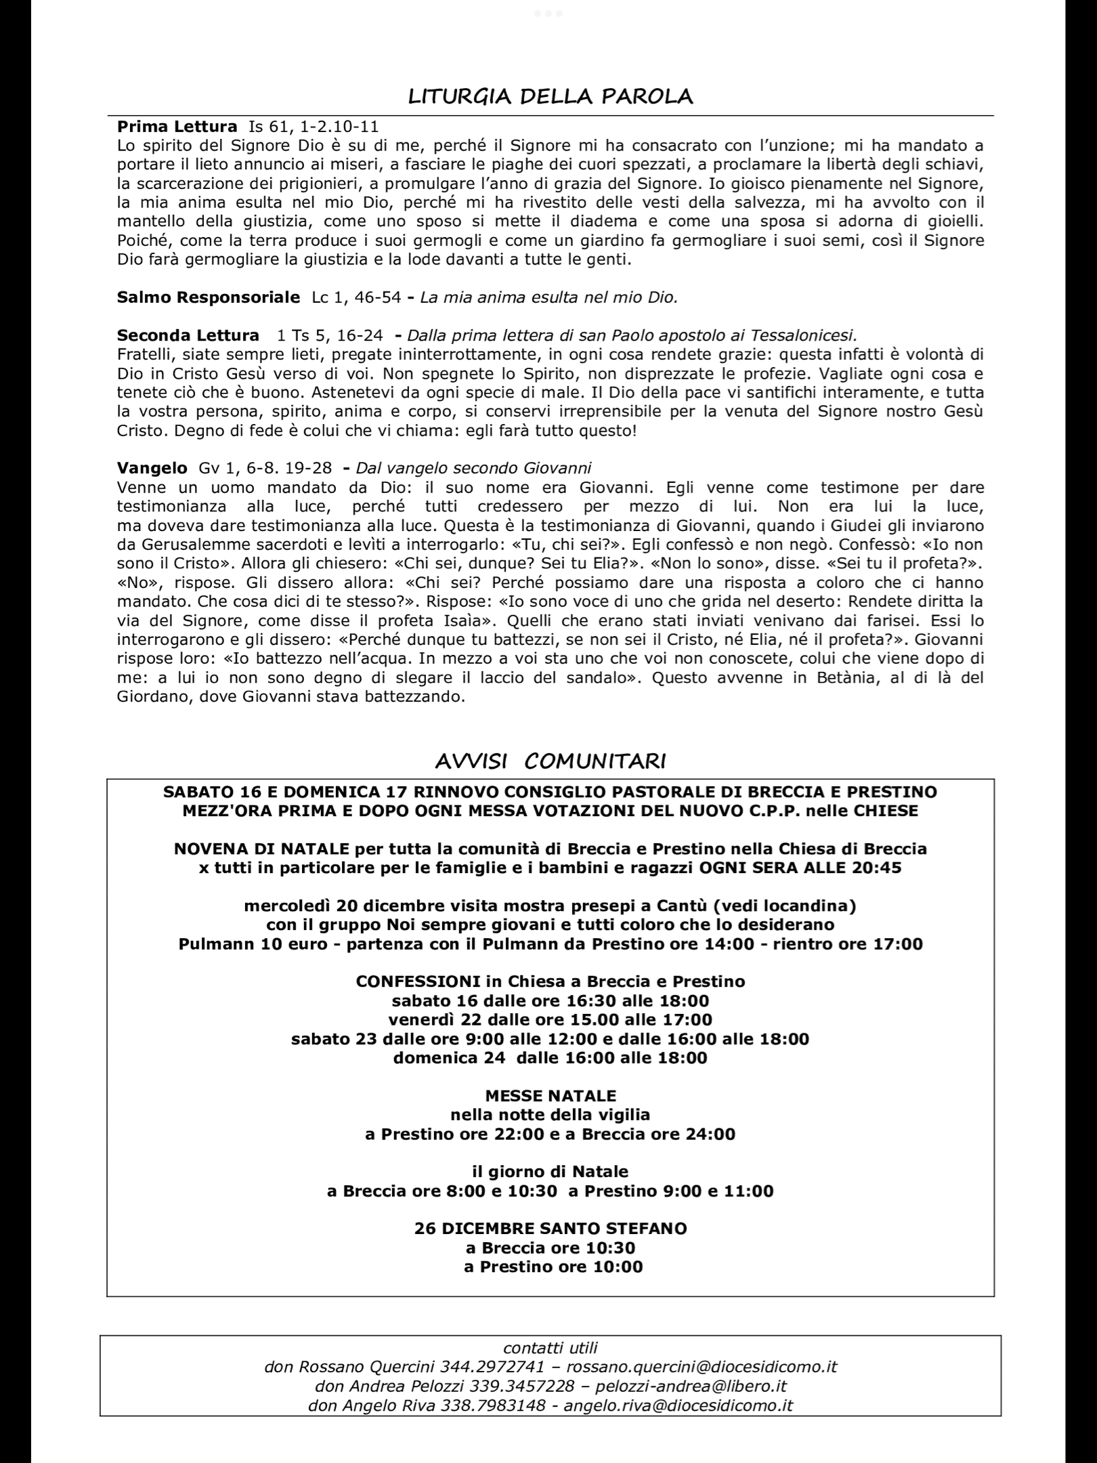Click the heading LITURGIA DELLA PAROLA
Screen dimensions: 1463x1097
click(x=551, y=96)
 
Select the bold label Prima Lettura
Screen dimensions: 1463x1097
click(x=177, y=126)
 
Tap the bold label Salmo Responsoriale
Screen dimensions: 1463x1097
click(x=208, y=297)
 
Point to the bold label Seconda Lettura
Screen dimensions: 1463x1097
click(x=188, y=335)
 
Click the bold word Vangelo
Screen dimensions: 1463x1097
click(x=152, y=467)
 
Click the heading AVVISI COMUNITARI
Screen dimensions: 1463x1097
click(x=550, y=761)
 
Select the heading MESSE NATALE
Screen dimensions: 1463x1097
click(x=551, y=1095)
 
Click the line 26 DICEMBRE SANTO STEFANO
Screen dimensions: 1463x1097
click(x=551, y=1228)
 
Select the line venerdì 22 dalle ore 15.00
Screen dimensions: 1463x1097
click(x=517, y=1019)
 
